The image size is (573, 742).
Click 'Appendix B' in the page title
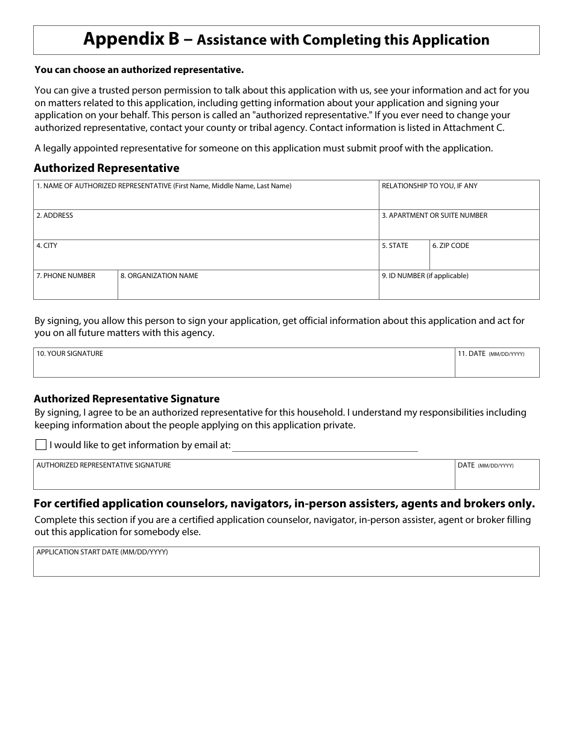(131, 40)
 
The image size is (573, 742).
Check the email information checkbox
(41, 445)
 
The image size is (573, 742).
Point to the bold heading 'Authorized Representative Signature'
(127, 399)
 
